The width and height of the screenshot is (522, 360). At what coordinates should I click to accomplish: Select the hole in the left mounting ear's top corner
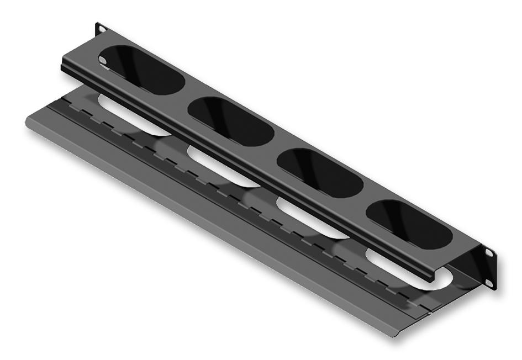(x=100, y=28)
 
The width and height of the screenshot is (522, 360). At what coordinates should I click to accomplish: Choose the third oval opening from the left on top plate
(x=319, y=173)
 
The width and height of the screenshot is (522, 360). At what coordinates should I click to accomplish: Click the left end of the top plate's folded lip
(x=62, y=65)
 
